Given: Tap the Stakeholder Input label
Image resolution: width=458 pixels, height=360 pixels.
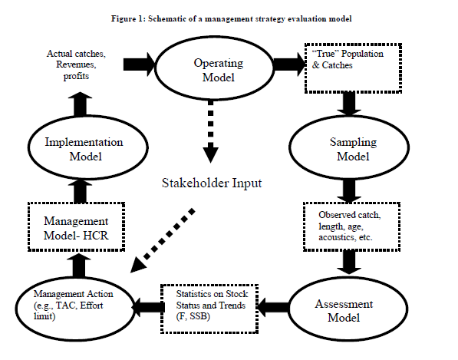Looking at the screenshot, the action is (x=212, y=183).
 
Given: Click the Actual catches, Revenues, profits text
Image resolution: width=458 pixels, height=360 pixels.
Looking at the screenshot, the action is (x=76, y=65).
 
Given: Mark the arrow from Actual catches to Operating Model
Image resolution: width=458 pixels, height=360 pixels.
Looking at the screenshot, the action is (x=139, y=64).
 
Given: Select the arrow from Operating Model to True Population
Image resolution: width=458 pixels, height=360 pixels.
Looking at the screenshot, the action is (x=289, y=64).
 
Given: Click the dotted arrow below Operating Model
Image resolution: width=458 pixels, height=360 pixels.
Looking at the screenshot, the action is (x=211, y=131).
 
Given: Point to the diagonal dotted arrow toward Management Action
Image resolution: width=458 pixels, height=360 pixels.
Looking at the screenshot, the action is (x=163, y=240).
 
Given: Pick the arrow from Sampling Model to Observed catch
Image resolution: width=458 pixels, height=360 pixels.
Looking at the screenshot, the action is (x=349, y=190).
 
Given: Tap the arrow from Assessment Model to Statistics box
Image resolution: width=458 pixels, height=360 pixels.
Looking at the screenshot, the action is (x=273, y=307).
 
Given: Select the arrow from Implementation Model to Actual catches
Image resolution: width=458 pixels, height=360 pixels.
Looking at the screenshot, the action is (x=80, y=104).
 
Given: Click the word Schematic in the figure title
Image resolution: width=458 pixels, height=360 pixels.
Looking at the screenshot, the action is (x=169, y=19).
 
